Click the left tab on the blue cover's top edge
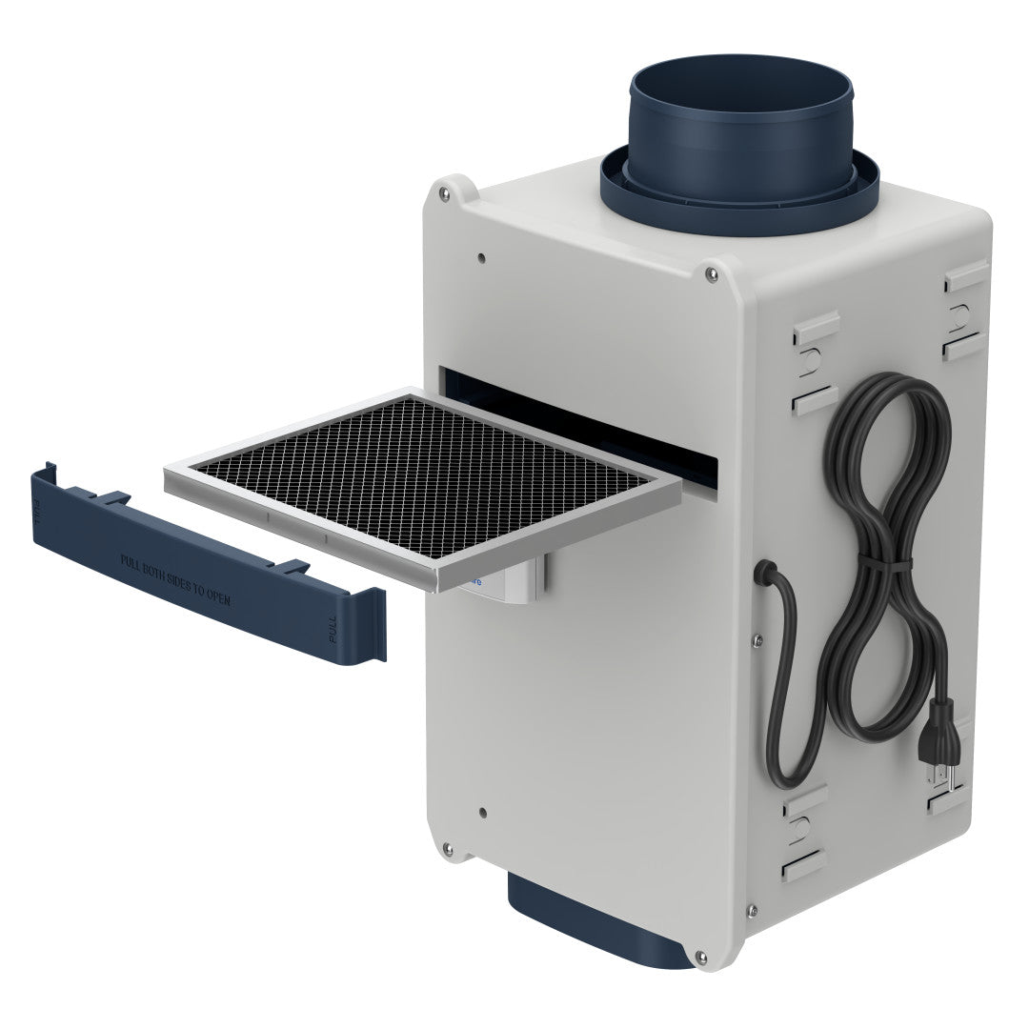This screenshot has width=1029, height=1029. (114, 497)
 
